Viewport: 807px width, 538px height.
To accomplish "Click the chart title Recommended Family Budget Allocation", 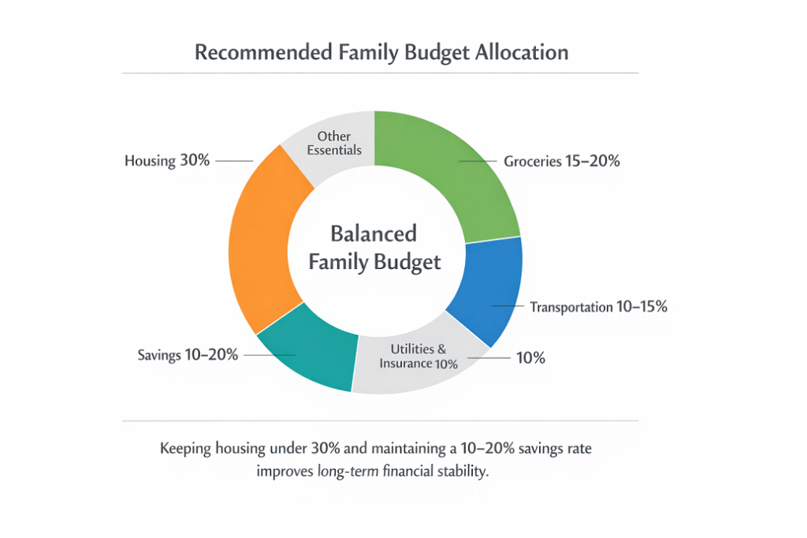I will pyautogui.click(x=381, y=53).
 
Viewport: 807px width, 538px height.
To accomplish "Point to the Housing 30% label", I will pyautogui.click(x=167, y=161).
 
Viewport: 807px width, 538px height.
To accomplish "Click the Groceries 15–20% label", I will pyautogui.click(x=562, y=162).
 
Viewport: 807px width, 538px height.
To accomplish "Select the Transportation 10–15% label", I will pyautogui.click(x=598, y=307).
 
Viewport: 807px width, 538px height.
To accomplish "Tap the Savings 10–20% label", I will pyautogui.click(x=188, y=355).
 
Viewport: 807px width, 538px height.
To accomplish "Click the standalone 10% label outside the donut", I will pyautogui.click(x=530, y=357).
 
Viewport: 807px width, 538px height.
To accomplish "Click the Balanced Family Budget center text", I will pyautogui.click(x=374, y=248).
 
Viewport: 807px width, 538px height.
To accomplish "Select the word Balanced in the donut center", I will pyautogui.click(x=374, y=234).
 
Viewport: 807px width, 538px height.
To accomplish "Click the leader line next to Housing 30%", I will pyautogui.click(x=233, y=161).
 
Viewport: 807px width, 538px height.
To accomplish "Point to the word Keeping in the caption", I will pyautogui.click(x=188, y=449).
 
